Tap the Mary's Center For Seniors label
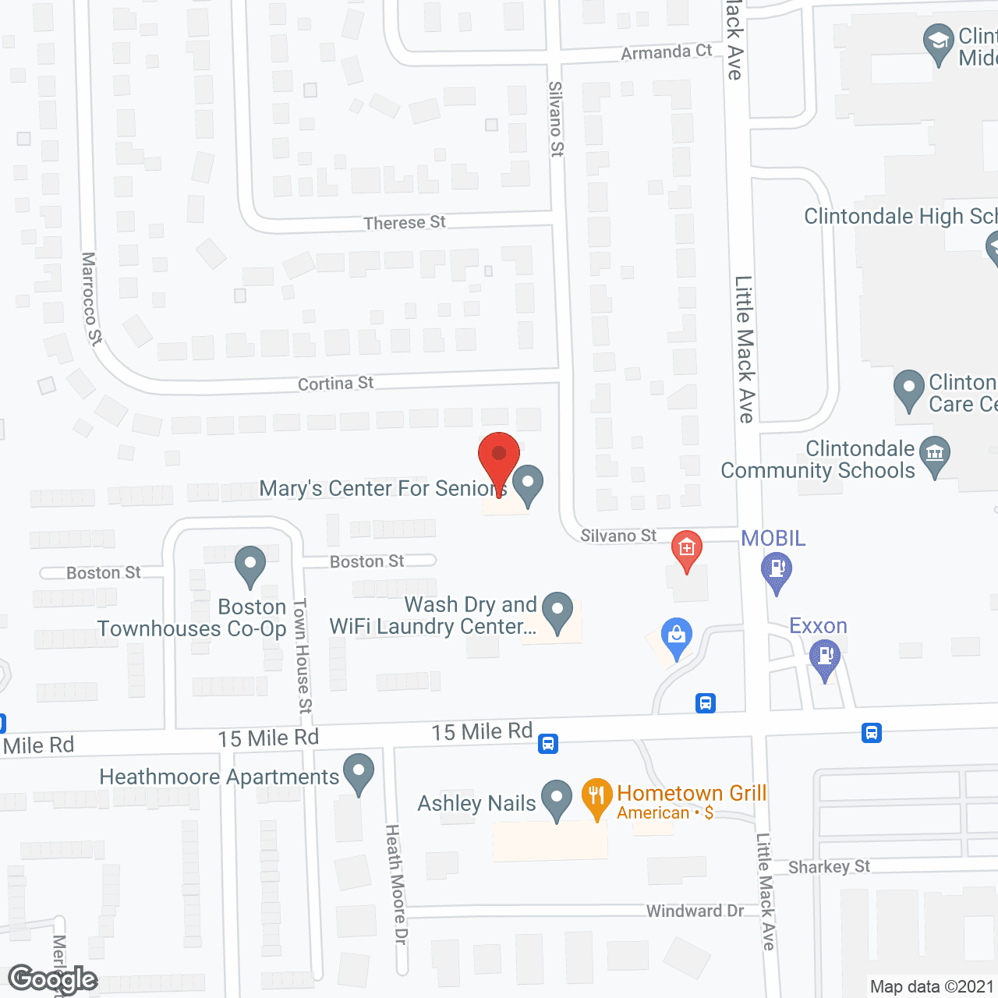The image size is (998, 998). (382, 489)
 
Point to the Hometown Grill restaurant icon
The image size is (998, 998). (596, 797)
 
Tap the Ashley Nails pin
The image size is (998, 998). (557, 798)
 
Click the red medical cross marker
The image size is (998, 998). (687, 549)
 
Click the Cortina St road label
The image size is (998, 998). (335, 384)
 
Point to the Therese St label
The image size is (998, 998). (404, 223)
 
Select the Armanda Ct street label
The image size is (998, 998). (667, 52)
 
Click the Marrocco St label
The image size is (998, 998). (91, 298)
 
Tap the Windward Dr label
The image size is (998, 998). (695, 911)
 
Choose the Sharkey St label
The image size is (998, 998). (829, 867)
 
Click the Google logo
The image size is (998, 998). (52, 979)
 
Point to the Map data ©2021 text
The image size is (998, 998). (932, 987)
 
